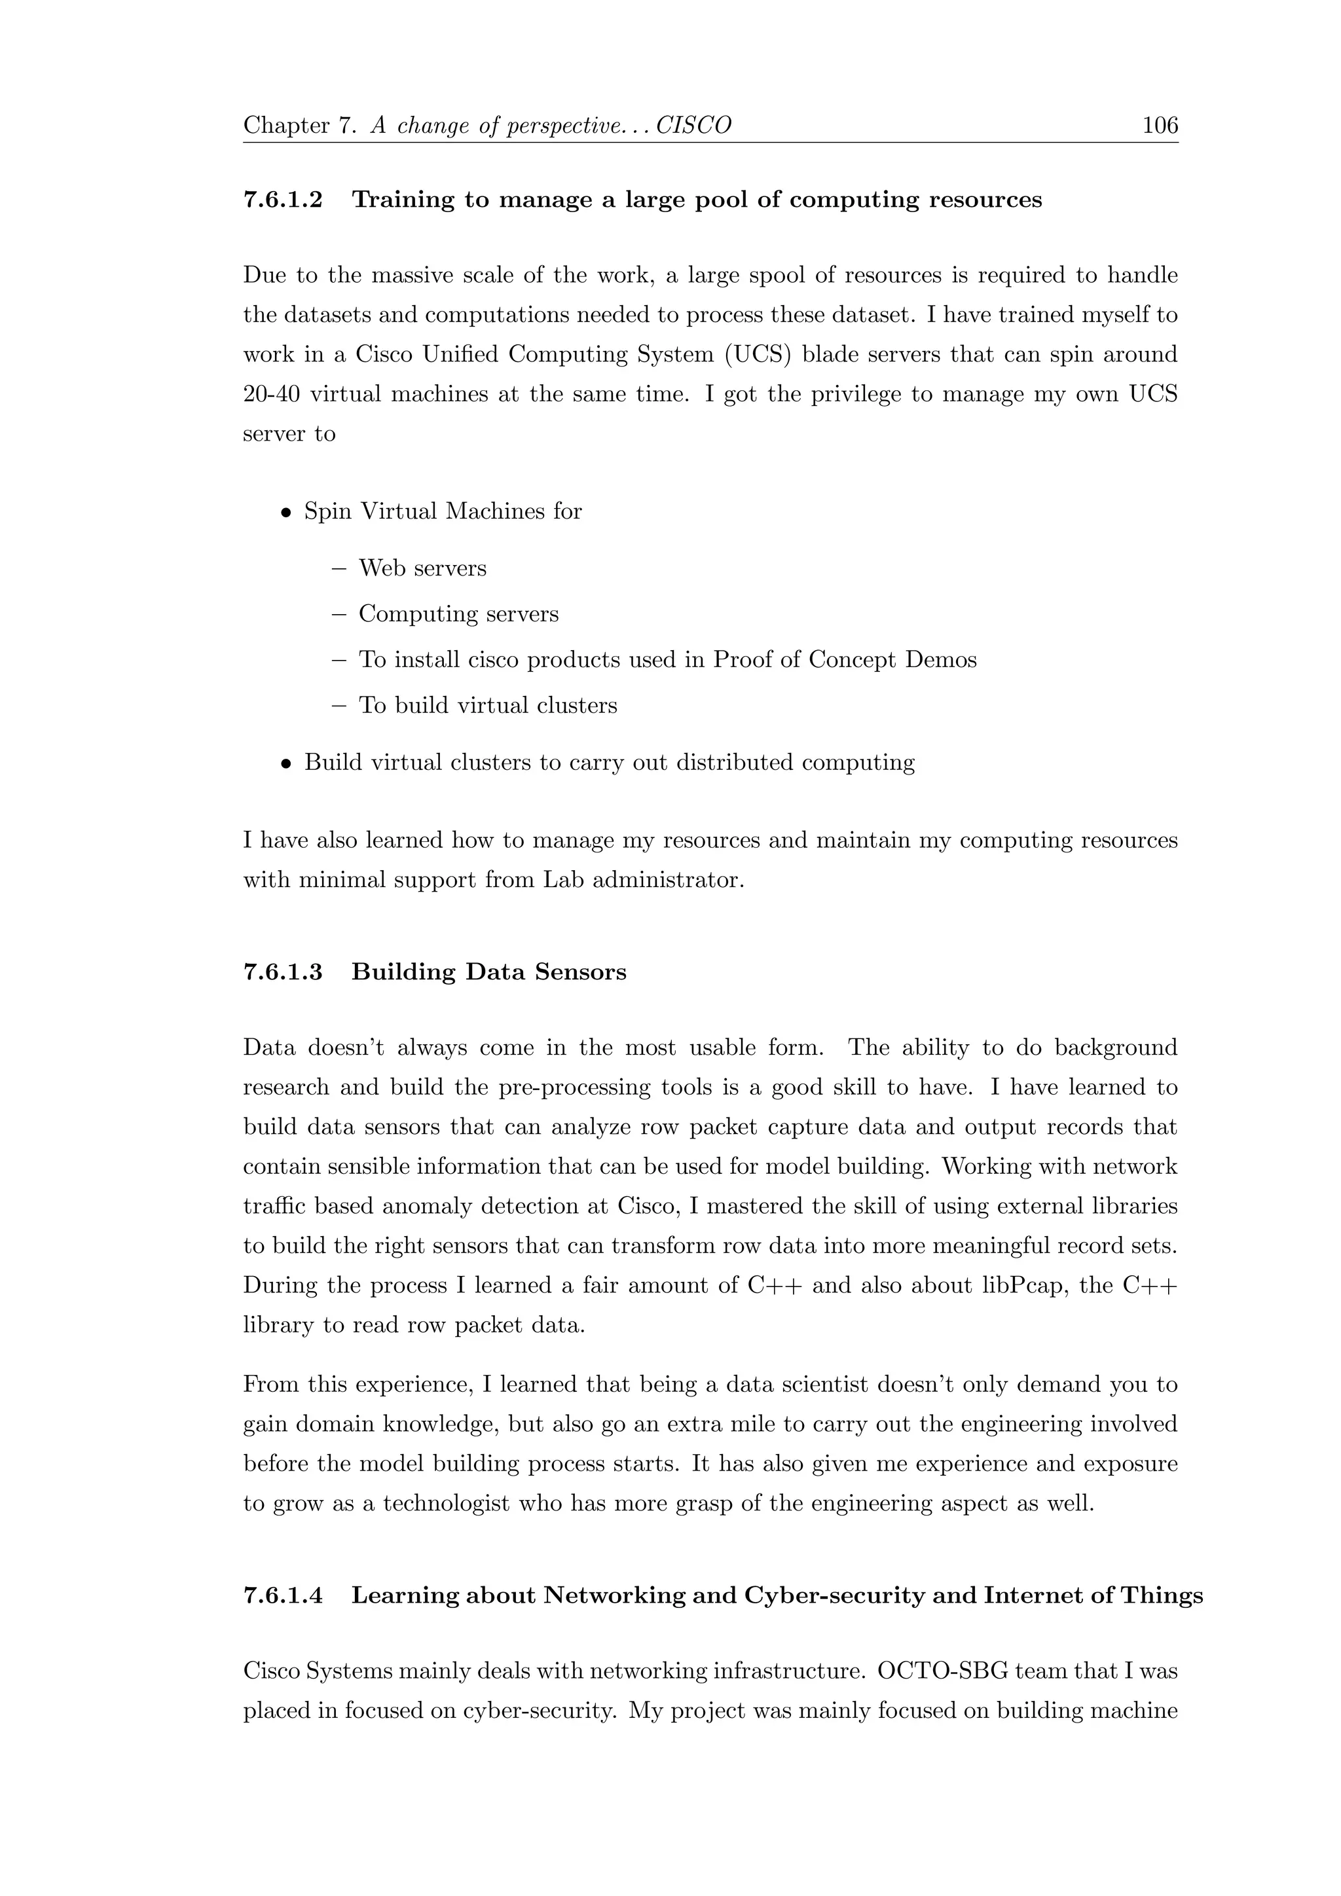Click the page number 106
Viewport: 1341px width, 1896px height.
1160,126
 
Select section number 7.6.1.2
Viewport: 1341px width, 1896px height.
282,200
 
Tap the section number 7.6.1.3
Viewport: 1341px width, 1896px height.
282,972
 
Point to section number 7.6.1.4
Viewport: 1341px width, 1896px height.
282,1595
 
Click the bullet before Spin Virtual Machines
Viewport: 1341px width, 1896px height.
285,513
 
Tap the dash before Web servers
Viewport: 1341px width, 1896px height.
339,569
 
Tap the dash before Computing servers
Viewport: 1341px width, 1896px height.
339,614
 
